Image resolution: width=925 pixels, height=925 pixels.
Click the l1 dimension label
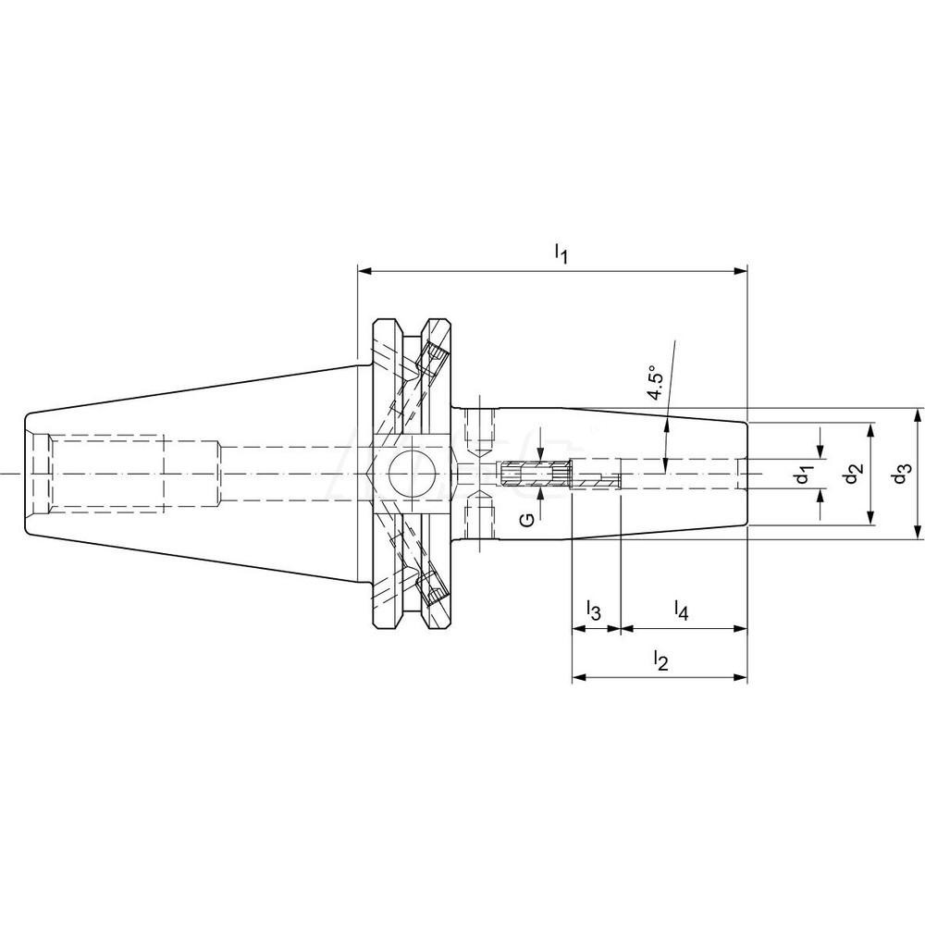(560, 251)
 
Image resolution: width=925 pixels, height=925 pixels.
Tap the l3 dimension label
(594, 610)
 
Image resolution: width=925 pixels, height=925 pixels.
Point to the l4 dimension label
(681, 610)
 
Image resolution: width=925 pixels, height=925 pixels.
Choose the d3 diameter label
(903, 474)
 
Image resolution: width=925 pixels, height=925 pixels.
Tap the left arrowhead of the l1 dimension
(364, 272)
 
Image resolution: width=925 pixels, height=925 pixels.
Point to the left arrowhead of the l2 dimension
(579, 678)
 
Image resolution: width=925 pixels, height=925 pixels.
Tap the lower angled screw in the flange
(430, 588)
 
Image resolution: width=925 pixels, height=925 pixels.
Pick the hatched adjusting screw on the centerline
(534, 475)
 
